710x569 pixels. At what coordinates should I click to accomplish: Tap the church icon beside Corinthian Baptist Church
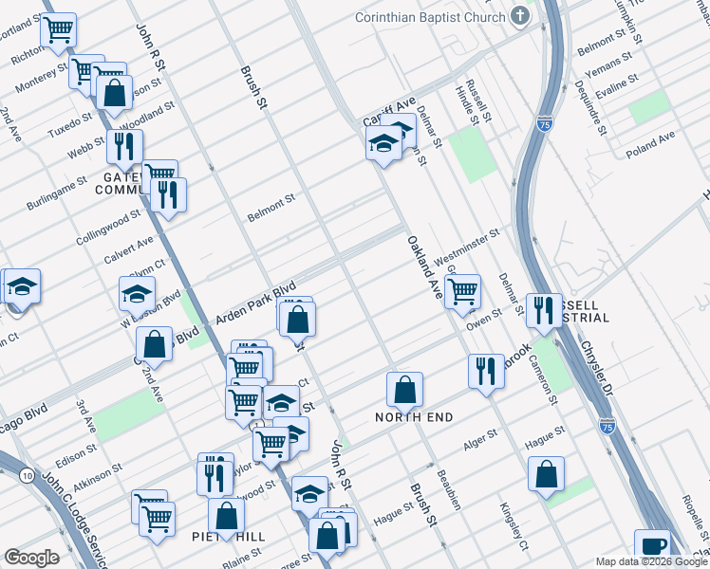[519, 16]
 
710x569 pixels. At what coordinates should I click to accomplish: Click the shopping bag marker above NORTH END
[404, 389]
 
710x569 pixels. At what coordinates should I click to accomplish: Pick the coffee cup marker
[652, 546]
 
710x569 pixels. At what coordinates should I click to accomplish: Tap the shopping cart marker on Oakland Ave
[462, 292]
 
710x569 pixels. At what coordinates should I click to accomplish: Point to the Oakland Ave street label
[425, 269]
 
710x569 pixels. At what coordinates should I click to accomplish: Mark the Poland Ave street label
[650, 143]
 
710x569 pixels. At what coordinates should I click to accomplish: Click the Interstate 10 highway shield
[23, 473]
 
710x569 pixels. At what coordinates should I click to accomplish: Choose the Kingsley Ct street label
[514, 520]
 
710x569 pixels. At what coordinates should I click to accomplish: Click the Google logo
[31, 558]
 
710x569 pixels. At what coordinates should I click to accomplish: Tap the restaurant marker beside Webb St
[124, 147]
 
